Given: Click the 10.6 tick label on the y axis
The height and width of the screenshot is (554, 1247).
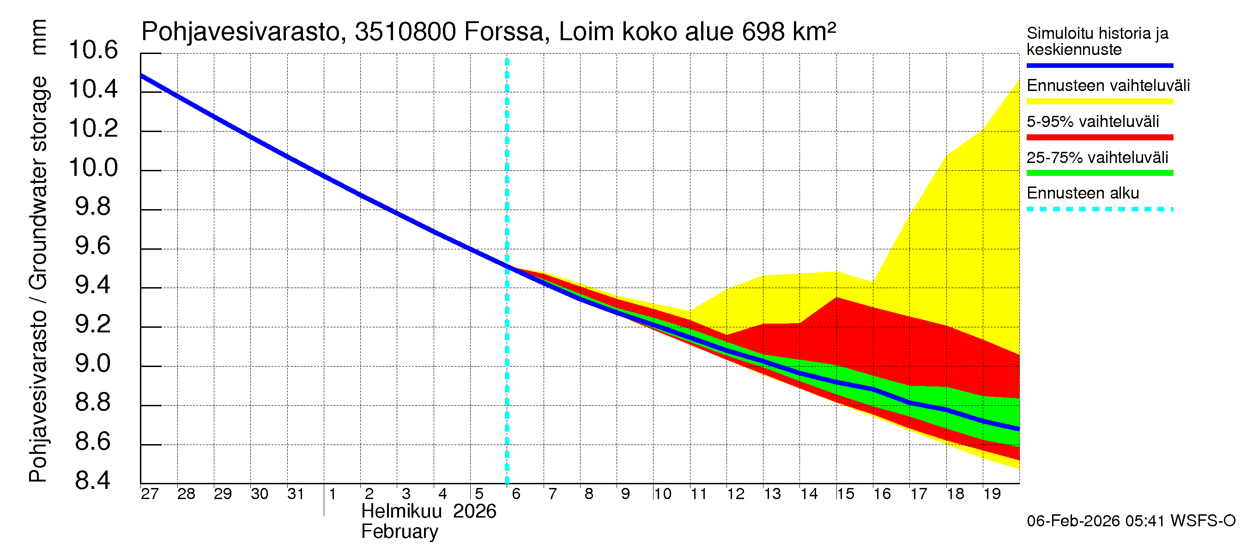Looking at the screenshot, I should [x=93, y=50].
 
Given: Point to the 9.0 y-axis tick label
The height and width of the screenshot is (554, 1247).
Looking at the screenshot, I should [x=93, y=364].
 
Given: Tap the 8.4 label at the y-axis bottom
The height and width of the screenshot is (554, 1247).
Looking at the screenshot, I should [x=93, y=481].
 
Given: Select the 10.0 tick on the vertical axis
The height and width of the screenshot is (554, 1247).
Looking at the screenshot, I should [x=93, y=168].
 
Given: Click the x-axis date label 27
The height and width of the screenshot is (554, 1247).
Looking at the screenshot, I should [x=150, y=494].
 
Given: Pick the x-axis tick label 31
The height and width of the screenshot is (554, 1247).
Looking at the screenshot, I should [x=296, y=494].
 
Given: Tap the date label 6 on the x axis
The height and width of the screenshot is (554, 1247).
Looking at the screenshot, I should [x=516, y=494].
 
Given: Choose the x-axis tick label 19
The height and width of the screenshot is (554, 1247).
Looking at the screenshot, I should [x=992, y=494].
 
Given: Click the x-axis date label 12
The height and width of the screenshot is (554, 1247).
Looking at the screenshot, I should [x=735, y=494].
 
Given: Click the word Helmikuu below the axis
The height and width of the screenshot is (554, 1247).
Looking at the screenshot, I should [x=401, y=512].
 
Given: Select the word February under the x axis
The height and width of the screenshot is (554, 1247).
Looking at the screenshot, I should [x=400, y=532].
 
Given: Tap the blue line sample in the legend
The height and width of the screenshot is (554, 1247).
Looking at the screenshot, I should [x=1099, y=65].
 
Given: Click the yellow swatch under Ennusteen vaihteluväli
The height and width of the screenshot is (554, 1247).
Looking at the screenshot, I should [x=1099, y=102].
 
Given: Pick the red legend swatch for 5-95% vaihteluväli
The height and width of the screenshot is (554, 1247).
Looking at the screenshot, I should [x=1099, y=138].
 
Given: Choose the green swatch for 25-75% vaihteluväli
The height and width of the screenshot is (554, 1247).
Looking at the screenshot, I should [x=1099, y=173].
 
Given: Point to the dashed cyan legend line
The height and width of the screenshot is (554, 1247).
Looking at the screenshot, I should [x=1099, y=210].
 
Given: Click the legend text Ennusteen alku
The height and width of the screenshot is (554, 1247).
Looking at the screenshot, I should [x=1083, y=193].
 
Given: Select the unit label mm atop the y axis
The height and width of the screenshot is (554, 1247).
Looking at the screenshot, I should [x=39, y=37].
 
